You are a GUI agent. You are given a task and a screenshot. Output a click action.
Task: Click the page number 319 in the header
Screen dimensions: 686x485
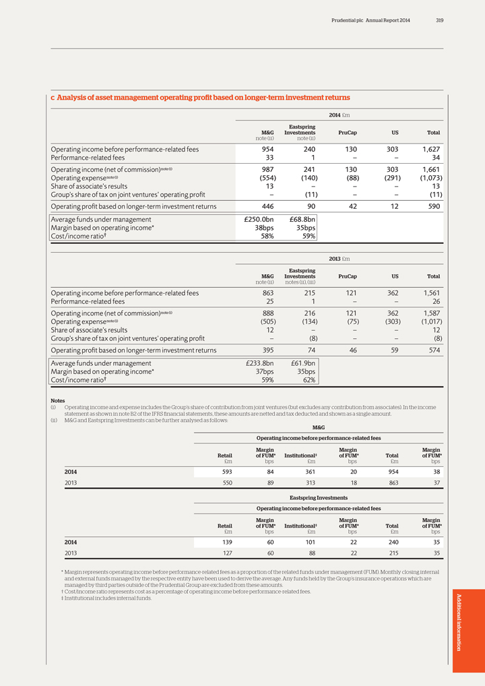[439, 20]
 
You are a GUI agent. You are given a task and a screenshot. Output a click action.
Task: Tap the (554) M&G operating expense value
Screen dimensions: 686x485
[263, 177]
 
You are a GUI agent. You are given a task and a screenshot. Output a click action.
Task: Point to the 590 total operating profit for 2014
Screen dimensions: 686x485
[432, 206]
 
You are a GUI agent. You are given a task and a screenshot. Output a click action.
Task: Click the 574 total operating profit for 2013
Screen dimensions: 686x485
[432, 350]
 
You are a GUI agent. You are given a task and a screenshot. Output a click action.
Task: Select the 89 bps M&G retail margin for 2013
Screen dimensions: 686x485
[269, 483]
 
